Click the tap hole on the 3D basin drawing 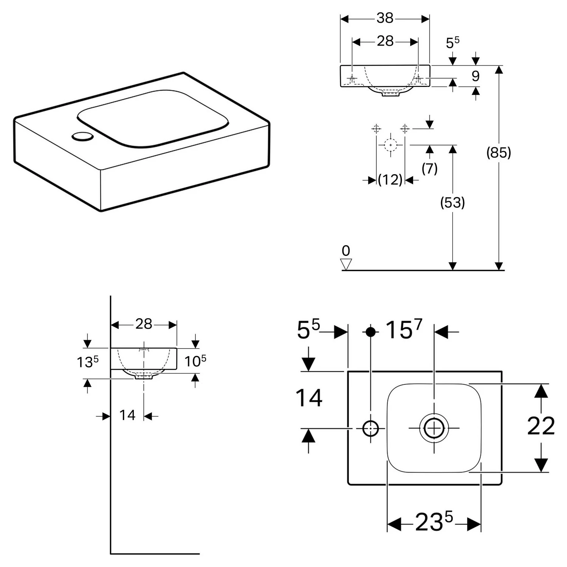82,136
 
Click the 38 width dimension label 385,18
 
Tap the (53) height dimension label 452,203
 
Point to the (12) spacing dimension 390,180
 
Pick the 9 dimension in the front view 476,76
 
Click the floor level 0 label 346,251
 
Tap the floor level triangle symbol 346,264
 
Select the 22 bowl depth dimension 541,426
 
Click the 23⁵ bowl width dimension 434,522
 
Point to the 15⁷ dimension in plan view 403,329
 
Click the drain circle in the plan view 434,428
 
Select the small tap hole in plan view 370,429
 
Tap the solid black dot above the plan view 371,332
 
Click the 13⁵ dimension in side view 88,362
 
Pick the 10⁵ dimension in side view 195,361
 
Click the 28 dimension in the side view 144,324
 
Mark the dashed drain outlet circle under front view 390,145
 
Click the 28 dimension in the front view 385,41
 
